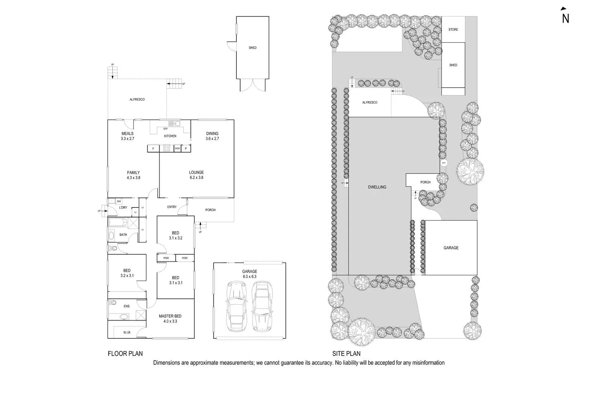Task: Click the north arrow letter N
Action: pos(565,19)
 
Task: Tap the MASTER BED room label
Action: pos(170,316)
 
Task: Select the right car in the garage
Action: pos(262,307)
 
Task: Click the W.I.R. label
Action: pos(127,333)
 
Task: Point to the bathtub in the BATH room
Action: pos(118,223)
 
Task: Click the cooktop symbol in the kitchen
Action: pos(167,149)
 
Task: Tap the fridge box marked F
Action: pos(153,149)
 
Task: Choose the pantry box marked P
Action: pos(186,149)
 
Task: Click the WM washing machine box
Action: pos(119,201)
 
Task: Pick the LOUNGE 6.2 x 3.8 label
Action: pos(196,175)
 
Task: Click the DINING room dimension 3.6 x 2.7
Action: pos(212,138)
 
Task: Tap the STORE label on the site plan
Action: pos(453,30)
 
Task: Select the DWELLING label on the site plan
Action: pos(377,187)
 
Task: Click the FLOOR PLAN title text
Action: pos(125,353)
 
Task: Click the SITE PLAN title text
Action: pos(346,353)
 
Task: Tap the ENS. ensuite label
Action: pos(127,306)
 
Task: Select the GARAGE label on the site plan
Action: pos(451,248)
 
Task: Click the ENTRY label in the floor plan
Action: pos(172,207)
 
